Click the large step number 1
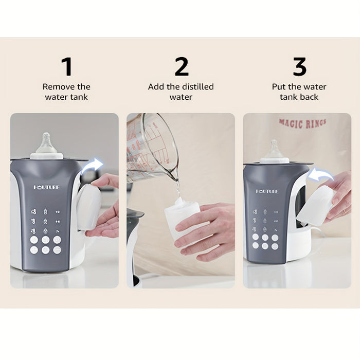click(66, 67)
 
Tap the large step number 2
click(182, 67)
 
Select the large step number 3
click(299, 67)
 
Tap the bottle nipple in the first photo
click(46, 143)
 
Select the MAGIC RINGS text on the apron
click(302, 123)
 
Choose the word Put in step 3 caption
click(279, 87)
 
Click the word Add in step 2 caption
click(156, 87)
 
